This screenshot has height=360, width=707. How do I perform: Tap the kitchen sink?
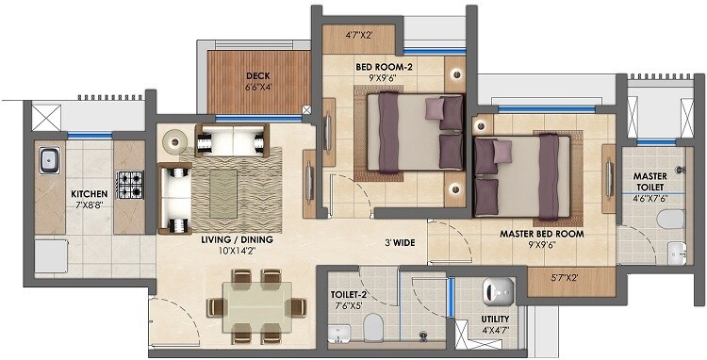tap(49, 162)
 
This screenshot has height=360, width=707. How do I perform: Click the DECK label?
tap(259, 77)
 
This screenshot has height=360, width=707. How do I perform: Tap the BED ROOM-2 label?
tap(384, 66)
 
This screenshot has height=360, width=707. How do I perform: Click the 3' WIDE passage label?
tap(400, 241)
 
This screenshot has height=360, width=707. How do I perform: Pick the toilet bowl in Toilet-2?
tap(372, 329)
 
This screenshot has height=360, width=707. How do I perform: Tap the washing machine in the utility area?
tap(496, 291)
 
